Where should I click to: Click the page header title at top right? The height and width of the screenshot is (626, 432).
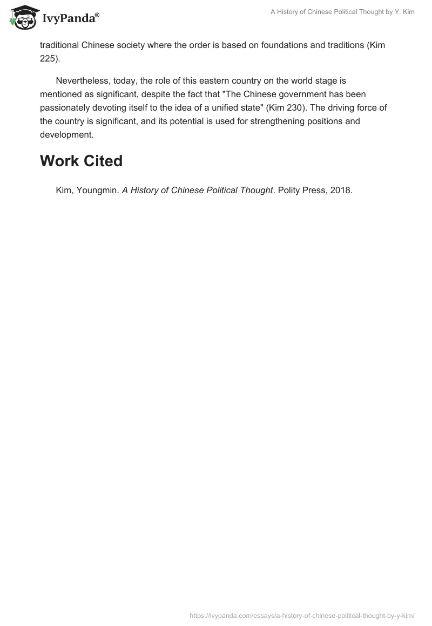[x=342, y=12]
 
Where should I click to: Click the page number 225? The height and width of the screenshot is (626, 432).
[x=48, y=59]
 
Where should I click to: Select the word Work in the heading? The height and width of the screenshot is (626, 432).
[x=59, y=161]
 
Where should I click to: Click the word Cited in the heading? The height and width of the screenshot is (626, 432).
[x=103, y=161]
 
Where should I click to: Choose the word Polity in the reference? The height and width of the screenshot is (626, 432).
[x=291, y=190]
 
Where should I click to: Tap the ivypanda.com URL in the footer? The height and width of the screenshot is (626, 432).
[x=302, y=615]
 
